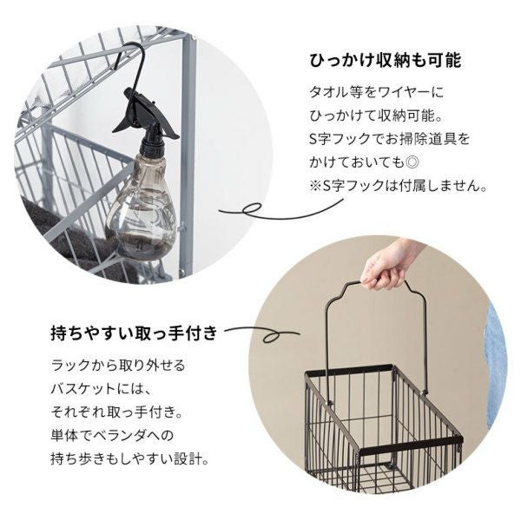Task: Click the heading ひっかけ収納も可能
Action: (386, 61)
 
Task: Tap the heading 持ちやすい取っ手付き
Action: (135, 333)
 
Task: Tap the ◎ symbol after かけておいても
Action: (412, 162)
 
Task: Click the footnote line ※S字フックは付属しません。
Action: (398, 186)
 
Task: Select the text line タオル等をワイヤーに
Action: (376, 92)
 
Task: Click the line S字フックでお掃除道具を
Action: (389, 139)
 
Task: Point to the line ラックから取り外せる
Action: (117, 366)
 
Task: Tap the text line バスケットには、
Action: (101, 389)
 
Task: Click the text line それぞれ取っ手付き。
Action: (117, 412)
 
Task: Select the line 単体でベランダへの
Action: (112, 436)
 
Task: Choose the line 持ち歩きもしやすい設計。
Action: (130, 459)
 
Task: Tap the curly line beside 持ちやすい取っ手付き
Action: (262, 333)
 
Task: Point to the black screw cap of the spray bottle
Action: (154, 148)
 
